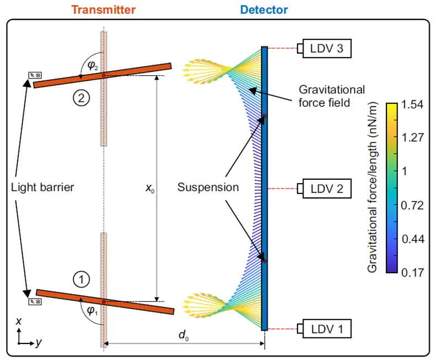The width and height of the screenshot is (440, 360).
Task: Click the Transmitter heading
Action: coord(104,9)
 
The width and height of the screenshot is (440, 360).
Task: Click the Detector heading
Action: coord(264,9)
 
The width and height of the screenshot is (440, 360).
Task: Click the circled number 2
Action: coord(81,99)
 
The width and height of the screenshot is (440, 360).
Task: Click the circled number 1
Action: coord(81,280)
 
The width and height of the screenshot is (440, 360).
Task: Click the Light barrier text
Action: coord(43,187)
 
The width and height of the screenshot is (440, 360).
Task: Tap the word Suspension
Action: coord(208,187)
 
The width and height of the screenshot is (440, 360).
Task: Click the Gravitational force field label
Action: coord(332,96)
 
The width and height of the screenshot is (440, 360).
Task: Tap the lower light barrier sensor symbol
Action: coord(35,302)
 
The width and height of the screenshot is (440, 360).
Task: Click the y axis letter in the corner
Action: coord(38,343)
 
